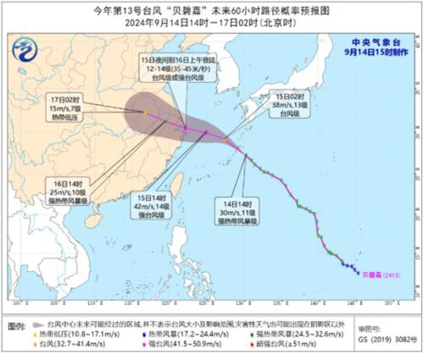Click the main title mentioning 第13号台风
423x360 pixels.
211,10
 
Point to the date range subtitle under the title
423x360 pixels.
211,23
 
